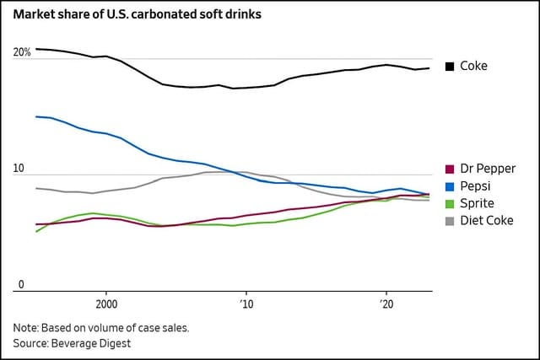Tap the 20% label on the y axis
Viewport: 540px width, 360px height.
point(22,53)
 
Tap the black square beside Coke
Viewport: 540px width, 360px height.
point(450,67)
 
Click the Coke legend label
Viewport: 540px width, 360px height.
point(474,66)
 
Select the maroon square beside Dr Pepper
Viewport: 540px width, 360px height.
point(450,169)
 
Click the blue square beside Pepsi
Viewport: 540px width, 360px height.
point(450,186)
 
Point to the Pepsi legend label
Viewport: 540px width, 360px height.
point(478,186)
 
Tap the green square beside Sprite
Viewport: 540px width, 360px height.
point(450,204)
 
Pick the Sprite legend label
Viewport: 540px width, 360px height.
point(478,204)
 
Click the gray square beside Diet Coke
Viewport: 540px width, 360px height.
point(450,222)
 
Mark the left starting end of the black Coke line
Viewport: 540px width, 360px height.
point(36,49)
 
